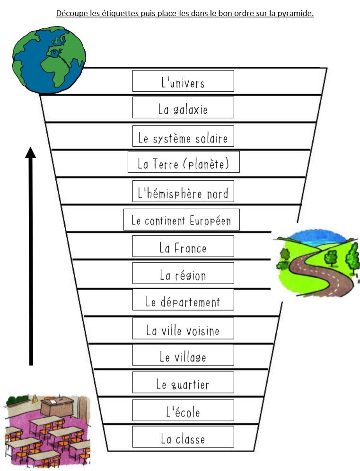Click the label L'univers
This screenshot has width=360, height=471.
(x=183, y=81)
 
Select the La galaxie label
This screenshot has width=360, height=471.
(x=183, y=107)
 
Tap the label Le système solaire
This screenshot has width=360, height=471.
(x=183, y=136)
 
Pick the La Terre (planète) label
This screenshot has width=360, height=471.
(x=184, y=162)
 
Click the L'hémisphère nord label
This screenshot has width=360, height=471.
(x=183, y=191)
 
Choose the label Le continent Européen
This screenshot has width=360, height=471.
(x=182, y=220)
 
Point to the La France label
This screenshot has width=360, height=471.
(x=183, y=246)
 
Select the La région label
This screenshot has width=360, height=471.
(x=183, y=273)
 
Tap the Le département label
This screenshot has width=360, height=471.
(x=183, y=300)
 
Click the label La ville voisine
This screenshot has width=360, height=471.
(x=183, y=329)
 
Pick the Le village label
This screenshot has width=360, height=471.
(x=183, y=355)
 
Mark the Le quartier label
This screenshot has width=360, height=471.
(x=183, y=382)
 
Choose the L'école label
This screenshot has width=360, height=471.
(x=183, y=410)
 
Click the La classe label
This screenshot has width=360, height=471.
(x=183, y=437)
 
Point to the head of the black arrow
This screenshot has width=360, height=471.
(x=30, y=148)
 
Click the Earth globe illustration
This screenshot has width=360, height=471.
(x=49, y=60)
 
